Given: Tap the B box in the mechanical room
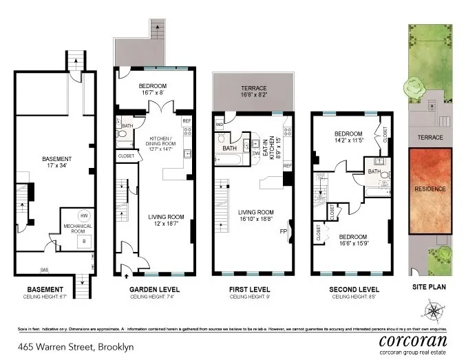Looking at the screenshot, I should click(84, 241).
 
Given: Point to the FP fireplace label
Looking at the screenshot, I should click(282, 231).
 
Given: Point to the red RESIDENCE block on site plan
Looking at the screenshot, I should click(430, 188).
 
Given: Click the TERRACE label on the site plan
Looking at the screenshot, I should click(430, 138).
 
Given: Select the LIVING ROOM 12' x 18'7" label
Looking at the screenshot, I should click(167, 220).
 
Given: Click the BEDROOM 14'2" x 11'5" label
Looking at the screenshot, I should click(348, 137).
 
